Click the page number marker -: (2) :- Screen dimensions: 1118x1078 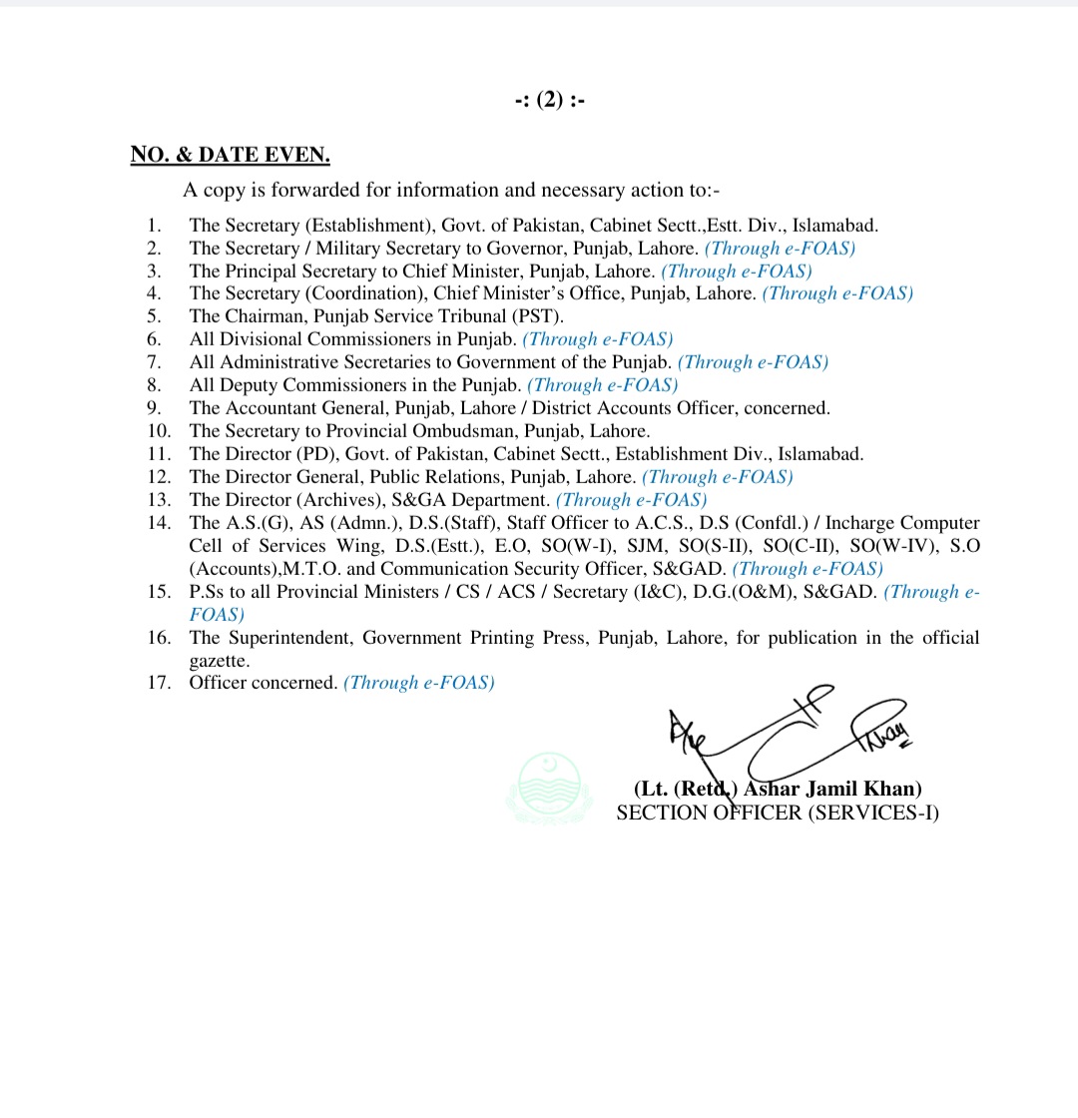point(542,100)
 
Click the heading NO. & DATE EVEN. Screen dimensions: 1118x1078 point(230,155)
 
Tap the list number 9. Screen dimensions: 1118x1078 point(154,408)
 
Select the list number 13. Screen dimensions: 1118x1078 point(158,500)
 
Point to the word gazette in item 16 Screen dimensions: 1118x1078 point(218,660)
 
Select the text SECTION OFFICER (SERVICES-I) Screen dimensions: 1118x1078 point(778,813)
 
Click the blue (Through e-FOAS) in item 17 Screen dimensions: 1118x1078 point(419,683)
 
